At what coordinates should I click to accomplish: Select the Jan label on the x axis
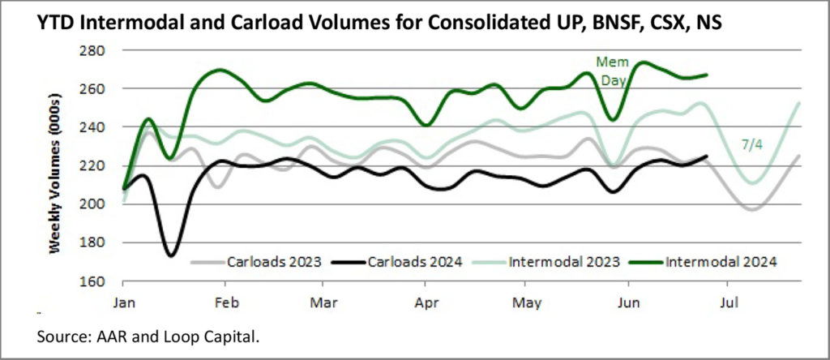pos(122,301)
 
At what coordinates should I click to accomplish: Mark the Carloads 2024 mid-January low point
pos(171,255)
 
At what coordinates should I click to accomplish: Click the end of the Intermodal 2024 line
pos(708,75)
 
